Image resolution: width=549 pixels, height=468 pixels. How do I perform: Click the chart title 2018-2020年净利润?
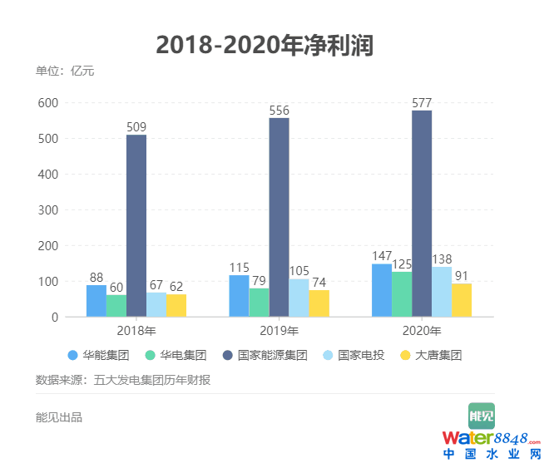(x=265, y=45)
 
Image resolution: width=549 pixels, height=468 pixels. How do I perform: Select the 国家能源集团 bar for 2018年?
(x=136, y=225)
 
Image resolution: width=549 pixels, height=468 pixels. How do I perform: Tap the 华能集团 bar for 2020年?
(x=382, y=290)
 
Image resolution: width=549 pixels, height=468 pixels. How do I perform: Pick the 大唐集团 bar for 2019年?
(x=319, y=303)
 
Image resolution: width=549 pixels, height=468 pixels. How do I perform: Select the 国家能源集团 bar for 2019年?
(x=279, y=217)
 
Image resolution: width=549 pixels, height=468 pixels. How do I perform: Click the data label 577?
(x=423, y=103)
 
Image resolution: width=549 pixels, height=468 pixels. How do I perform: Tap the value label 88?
(x=96, y=278)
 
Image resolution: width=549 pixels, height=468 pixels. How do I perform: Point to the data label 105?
(x=298, y=272)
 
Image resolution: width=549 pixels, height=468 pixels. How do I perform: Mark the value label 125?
(x=403, y=265)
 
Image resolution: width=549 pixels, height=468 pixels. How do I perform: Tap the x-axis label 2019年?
(x=280, y=332)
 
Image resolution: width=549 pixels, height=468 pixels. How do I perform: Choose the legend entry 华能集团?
(x=98, y=355)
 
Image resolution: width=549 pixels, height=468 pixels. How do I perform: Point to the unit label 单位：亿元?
(x=65, y=71)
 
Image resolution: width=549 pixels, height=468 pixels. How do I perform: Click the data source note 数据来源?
(x=122, y=380)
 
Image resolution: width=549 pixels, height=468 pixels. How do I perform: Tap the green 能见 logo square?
(x=481, y=415)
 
